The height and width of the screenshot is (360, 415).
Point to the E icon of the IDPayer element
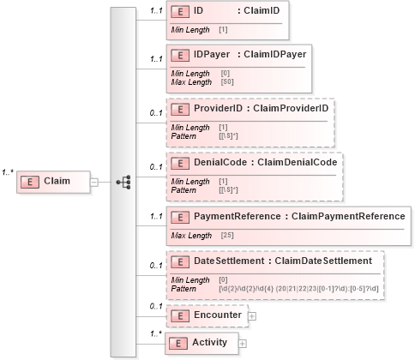(179, 55)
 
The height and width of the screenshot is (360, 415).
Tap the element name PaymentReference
(226, 216)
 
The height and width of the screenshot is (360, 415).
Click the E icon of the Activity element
(179, 343)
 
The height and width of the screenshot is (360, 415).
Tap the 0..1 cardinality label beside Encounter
(154, 305)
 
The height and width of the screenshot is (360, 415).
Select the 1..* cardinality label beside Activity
(154, 333)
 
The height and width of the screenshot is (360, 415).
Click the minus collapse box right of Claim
(94, 182)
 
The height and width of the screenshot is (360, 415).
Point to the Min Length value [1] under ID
(223, 30)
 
